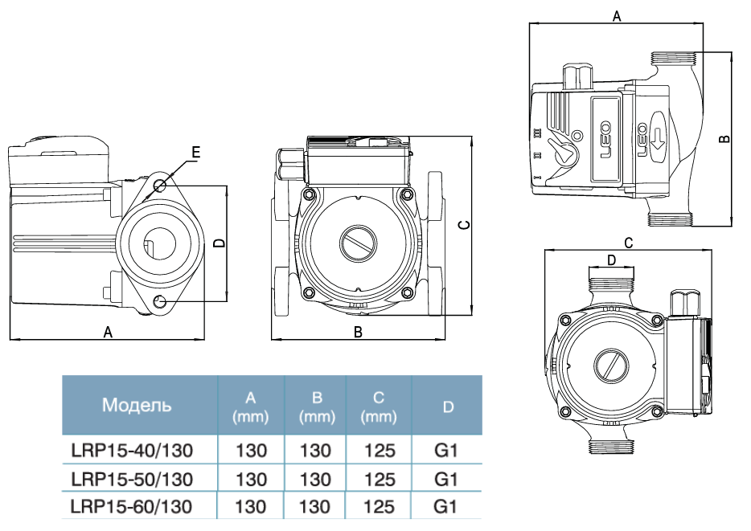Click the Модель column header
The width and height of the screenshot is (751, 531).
(137, 404)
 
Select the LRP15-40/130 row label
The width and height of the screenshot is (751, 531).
(132, 451)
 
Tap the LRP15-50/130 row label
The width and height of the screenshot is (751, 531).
(132, 480)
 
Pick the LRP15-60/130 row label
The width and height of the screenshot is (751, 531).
(132, 507)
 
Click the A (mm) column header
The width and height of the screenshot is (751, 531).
(250, 406)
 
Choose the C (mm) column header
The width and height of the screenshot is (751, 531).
(379, 406)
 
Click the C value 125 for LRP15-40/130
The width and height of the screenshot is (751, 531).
(379, 451)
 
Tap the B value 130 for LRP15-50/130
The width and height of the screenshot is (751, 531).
(314, 480)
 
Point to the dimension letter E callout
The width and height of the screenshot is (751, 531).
(195, 151)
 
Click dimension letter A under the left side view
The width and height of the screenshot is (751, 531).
(108, 332)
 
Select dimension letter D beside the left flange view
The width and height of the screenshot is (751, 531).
(219, 243)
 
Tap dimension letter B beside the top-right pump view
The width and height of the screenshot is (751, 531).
(724, 137)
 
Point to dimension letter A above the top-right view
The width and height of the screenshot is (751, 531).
(616, 15)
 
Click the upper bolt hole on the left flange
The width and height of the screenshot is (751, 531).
(159, 186)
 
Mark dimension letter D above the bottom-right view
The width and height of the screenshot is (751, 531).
(611, 259)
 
